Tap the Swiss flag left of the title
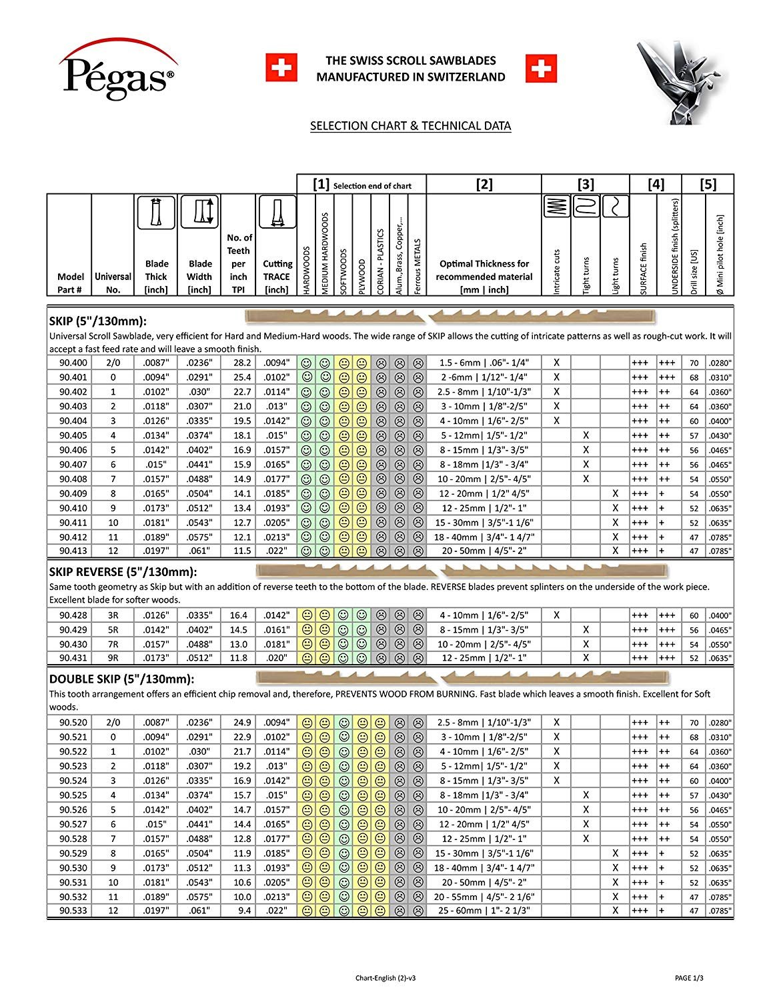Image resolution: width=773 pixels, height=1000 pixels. click(281, 69)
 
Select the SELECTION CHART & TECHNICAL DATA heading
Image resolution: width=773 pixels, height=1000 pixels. click(410, 126)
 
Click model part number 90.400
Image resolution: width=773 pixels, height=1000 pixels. click(73, 363)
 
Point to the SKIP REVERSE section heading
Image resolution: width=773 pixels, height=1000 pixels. click(123, 572)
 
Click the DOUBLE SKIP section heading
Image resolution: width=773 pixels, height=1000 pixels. click(121, 679)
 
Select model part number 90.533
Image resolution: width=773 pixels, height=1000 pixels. click(73, 911)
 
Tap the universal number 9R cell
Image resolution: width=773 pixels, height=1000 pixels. click(113, 658)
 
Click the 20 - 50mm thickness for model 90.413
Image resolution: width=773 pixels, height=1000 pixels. click(484, 551)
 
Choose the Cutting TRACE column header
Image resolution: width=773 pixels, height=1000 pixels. click(276, 277)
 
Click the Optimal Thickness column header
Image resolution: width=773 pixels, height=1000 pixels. click(484, 277)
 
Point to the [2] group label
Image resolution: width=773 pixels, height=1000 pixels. click(484, 185)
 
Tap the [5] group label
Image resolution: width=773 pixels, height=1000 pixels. click(708, 185)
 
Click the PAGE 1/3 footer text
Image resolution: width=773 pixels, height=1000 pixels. click(689, 978)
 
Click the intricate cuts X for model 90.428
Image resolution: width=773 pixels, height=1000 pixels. click(557, 615)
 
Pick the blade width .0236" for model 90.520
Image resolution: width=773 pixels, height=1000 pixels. click(199, 723)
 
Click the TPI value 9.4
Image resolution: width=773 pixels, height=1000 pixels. click(238, 911)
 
